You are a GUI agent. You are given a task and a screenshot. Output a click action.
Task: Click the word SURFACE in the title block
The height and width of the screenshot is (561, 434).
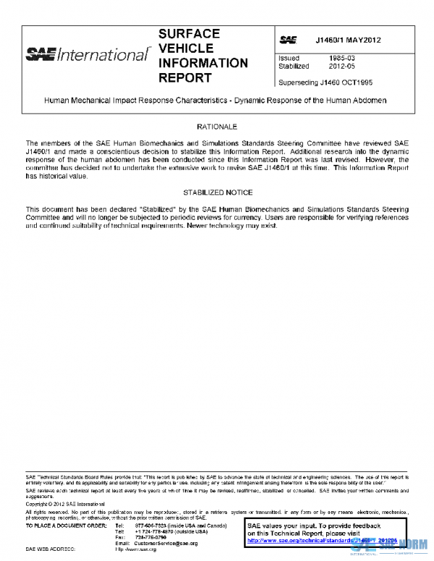[189, 34]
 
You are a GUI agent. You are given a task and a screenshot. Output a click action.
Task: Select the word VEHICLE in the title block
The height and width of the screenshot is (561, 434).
[185, 48]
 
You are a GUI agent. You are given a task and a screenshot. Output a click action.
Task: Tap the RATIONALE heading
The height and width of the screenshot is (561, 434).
[216, 127]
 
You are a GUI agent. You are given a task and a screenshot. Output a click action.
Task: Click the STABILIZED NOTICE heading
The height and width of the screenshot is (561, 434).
[216, 193]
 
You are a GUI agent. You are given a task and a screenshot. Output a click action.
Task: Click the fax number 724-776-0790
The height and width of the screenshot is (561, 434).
[150, 537]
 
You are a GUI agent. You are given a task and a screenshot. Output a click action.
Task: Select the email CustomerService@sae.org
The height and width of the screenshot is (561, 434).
[166, 543]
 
